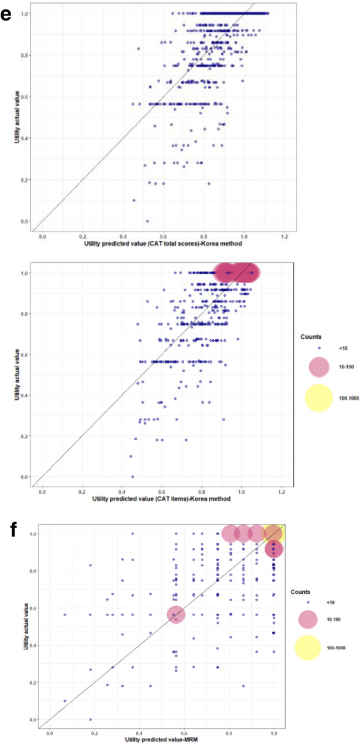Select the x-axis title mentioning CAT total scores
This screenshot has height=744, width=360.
pyautogui.click(x=163, y=244)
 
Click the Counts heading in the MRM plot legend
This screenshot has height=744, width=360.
pyautogui.click(x=300, y=592)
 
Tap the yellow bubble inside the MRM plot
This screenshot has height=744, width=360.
pyautogui.click(x=274, y=534)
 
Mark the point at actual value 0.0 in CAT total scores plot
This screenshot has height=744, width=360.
pyautogui.click(x=147, y=221)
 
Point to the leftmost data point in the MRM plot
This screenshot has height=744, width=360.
pyautogui.click(x=65, y=615)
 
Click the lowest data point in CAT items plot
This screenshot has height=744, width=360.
pyautogui.click(x=132, y=477)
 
